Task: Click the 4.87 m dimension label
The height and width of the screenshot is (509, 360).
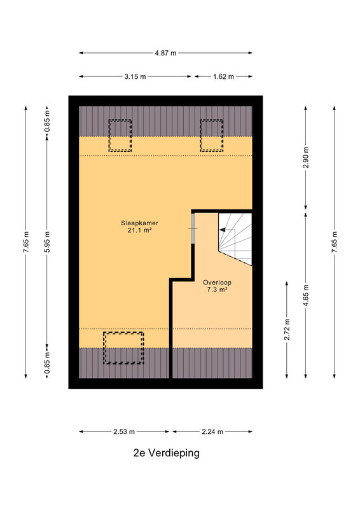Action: [x=165, y=53]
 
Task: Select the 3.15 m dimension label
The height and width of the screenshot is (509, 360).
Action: [x=135, y=76]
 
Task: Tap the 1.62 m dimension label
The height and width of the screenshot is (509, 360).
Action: [x=223, y=76]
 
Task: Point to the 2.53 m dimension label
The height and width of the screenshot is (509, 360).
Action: [x=124, y=432]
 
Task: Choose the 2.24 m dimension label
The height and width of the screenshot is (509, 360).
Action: [x=212, y=432]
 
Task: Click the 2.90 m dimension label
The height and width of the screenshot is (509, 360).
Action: [x=306, y=157]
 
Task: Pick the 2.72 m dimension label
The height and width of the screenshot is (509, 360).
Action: [x=287, y=330]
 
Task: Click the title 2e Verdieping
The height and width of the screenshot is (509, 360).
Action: [x=166, y=453]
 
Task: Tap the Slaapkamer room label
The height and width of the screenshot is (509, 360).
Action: [x=139, y=223]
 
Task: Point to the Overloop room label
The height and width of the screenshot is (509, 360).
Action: [x=217, y=282]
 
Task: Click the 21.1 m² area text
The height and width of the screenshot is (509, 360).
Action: [x=139, y=230]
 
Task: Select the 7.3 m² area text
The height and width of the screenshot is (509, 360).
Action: [x=217, y=289]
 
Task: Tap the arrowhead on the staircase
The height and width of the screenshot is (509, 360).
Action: [x=222, y=230]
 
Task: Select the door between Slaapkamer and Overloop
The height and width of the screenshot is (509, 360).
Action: [x=193, y=228]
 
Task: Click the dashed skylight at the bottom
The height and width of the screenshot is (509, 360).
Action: [x=123, y=348]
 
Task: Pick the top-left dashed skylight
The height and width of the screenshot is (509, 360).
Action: [x=120, y=136]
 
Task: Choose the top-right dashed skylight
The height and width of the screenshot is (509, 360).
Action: [x=212, y=136]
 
